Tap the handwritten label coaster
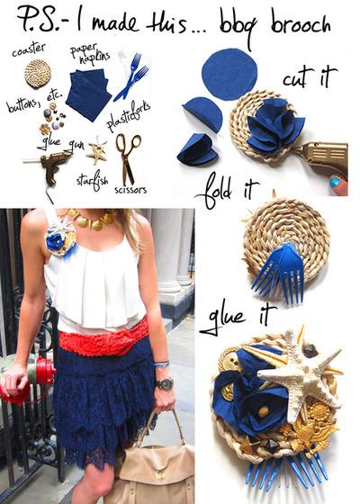point(28,49)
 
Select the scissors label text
point(130,190)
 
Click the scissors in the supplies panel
point(127,155)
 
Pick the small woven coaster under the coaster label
point(38,74)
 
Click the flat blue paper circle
point(229,75)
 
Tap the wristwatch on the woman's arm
point(165,383)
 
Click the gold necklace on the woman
point(91,220)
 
